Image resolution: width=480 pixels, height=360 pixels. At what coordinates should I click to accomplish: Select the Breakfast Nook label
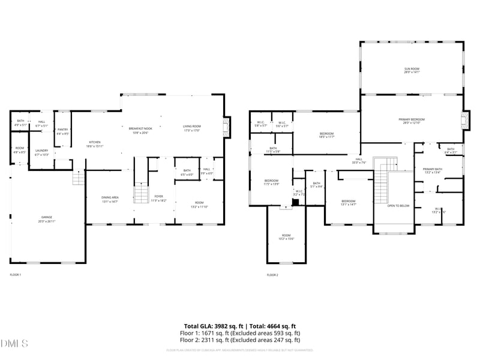(139, 130)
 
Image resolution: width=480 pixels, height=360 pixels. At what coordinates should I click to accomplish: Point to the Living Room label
(192, 128)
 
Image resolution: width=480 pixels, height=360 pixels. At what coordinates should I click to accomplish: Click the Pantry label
(62, 132)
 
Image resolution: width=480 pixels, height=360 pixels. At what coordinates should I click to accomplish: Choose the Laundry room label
(41, 152)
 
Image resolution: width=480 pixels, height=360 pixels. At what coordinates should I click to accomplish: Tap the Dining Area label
(110, 200)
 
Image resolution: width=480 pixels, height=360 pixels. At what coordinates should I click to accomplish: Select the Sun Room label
(412, 70)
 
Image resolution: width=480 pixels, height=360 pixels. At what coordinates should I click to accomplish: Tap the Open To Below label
(398, 206)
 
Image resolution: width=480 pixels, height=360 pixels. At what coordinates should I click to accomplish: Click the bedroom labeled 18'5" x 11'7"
(326, 135)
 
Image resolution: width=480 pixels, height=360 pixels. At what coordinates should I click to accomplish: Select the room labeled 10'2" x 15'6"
(286, 237)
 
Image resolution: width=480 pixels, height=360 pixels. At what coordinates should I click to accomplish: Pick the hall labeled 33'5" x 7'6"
(359, 161)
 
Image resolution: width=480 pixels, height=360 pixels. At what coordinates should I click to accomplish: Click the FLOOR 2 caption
(272, 275)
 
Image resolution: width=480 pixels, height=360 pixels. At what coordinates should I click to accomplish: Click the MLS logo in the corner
(14, 344)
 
